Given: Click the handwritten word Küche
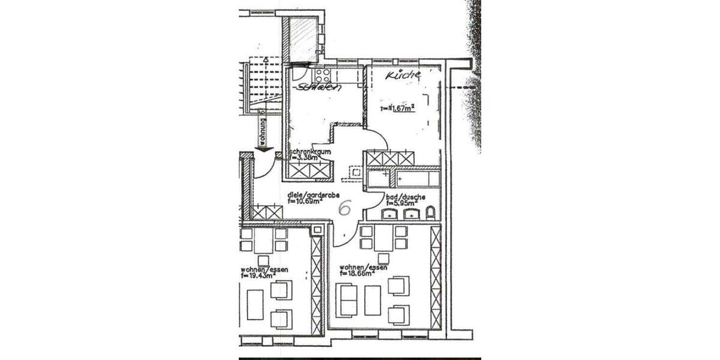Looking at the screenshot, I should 403,76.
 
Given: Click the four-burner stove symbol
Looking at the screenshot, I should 322,76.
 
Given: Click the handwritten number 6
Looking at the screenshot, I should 345,208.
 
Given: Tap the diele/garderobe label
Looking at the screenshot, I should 314,195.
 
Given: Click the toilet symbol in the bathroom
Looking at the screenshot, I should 430,214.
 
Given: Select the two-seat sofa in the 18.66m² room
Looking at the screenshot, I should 347,299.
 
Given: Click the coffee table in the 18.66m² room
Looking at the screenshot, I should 373,299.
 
